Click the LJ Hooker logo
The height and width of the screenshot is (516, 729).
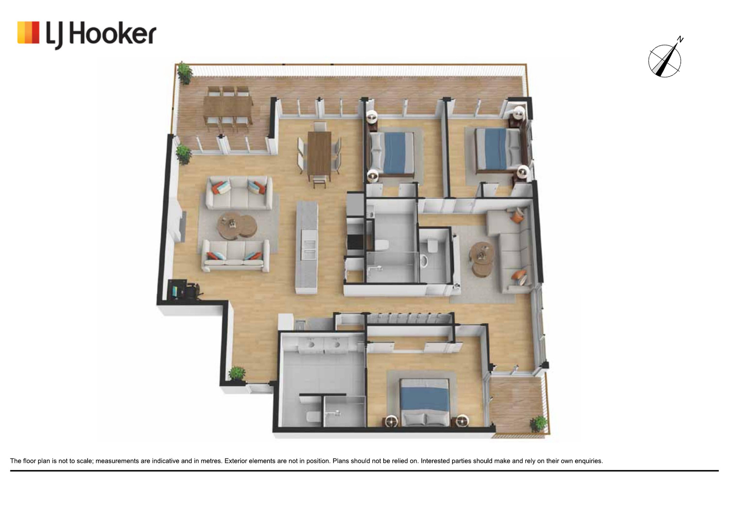pos(87,35)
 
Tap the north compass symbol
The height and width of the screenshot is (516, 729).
pos(665,60)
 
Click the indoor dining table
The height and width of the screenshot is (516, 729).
pos(319,152)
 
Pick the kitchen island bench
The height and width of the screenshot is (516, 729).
pos(307,247)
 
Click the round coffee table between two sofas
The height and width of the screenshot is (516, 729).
pos(237,225)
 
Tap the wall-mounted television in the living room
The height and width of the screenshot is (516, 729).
pos(184,226)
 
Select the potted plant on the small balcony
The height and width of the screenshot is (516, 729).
pos(539,424)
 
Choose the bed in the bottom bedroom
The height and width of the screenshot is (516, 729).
pos(425,402)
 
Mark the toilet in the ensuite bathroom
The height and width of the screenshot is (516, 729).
pos(312,417)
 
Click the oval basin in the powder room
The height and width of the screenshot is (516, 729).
pos(424,261)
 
